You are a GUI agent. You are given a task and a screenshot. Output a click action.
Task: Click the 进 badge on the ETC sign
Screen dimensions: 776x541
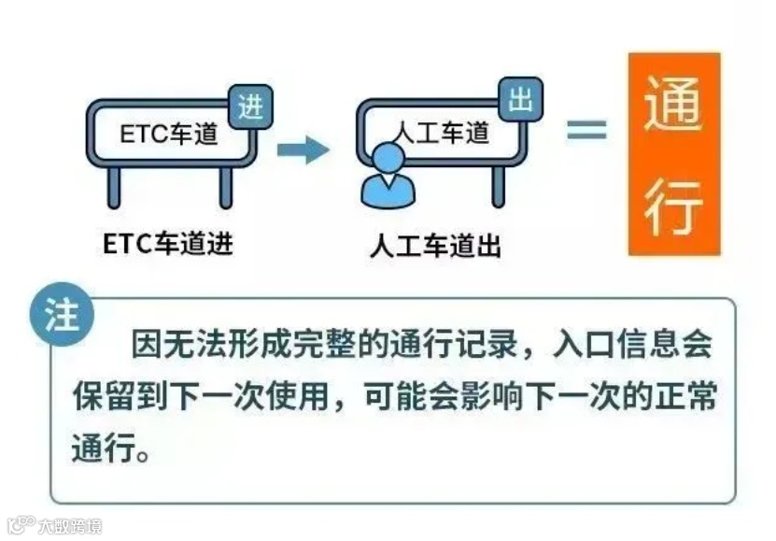(249, 107)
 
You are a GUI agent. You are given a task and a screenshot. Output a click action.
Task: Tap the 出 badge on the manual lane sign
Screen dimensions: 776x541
(520, 100)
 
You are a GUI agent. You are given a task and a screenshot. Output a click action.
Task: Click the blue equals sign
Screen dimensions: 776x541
(586, 131)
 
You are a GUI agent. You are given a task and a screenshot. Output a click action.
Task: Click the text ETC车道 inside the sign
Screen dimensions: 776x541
(169, 135)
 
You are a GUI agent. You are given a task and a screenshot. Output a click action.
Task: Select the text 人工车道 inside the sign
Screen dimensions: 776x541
(439, 134)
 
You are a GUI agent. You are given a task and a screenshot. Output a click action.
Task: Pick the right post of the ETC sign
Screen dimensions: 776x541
(225, 187)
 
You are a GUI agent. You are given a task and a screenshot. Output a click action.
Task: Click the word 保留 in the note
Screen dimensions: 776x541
(99, 397)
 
